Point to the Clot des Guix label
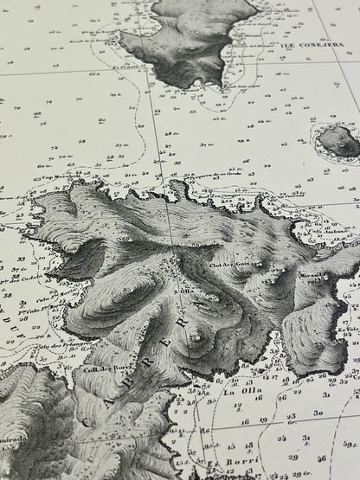[x=229, y=265]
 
